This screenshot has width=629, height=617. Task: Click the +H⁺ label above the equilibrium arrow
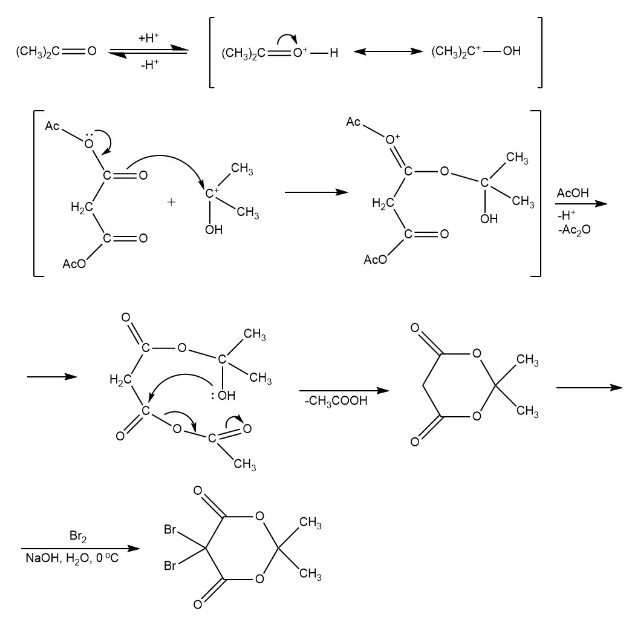[148, 38]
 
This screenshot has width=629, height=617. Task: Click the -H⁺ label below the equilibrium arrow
[149, 64]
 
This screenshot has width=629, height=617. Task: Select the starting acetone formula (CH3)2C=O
[56, 51]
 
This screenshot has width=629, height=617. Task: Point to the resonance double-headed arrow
[387, 52]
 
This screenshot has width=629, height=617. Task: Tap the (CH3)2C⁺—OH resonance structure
[475, 51]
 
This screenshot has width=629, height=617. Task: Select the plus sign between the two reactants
[171, 203]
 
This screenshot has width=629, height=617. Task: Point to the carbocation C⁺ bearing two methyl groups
[213, 194]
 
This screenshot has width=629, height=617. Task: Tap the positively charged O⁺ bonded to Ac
[393, 140]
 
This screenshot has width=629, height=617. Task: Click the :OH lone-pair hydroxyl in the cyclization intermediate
[223, 396]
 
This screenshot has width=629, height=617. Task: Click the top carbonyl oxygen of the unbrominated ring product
[415, 329]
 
